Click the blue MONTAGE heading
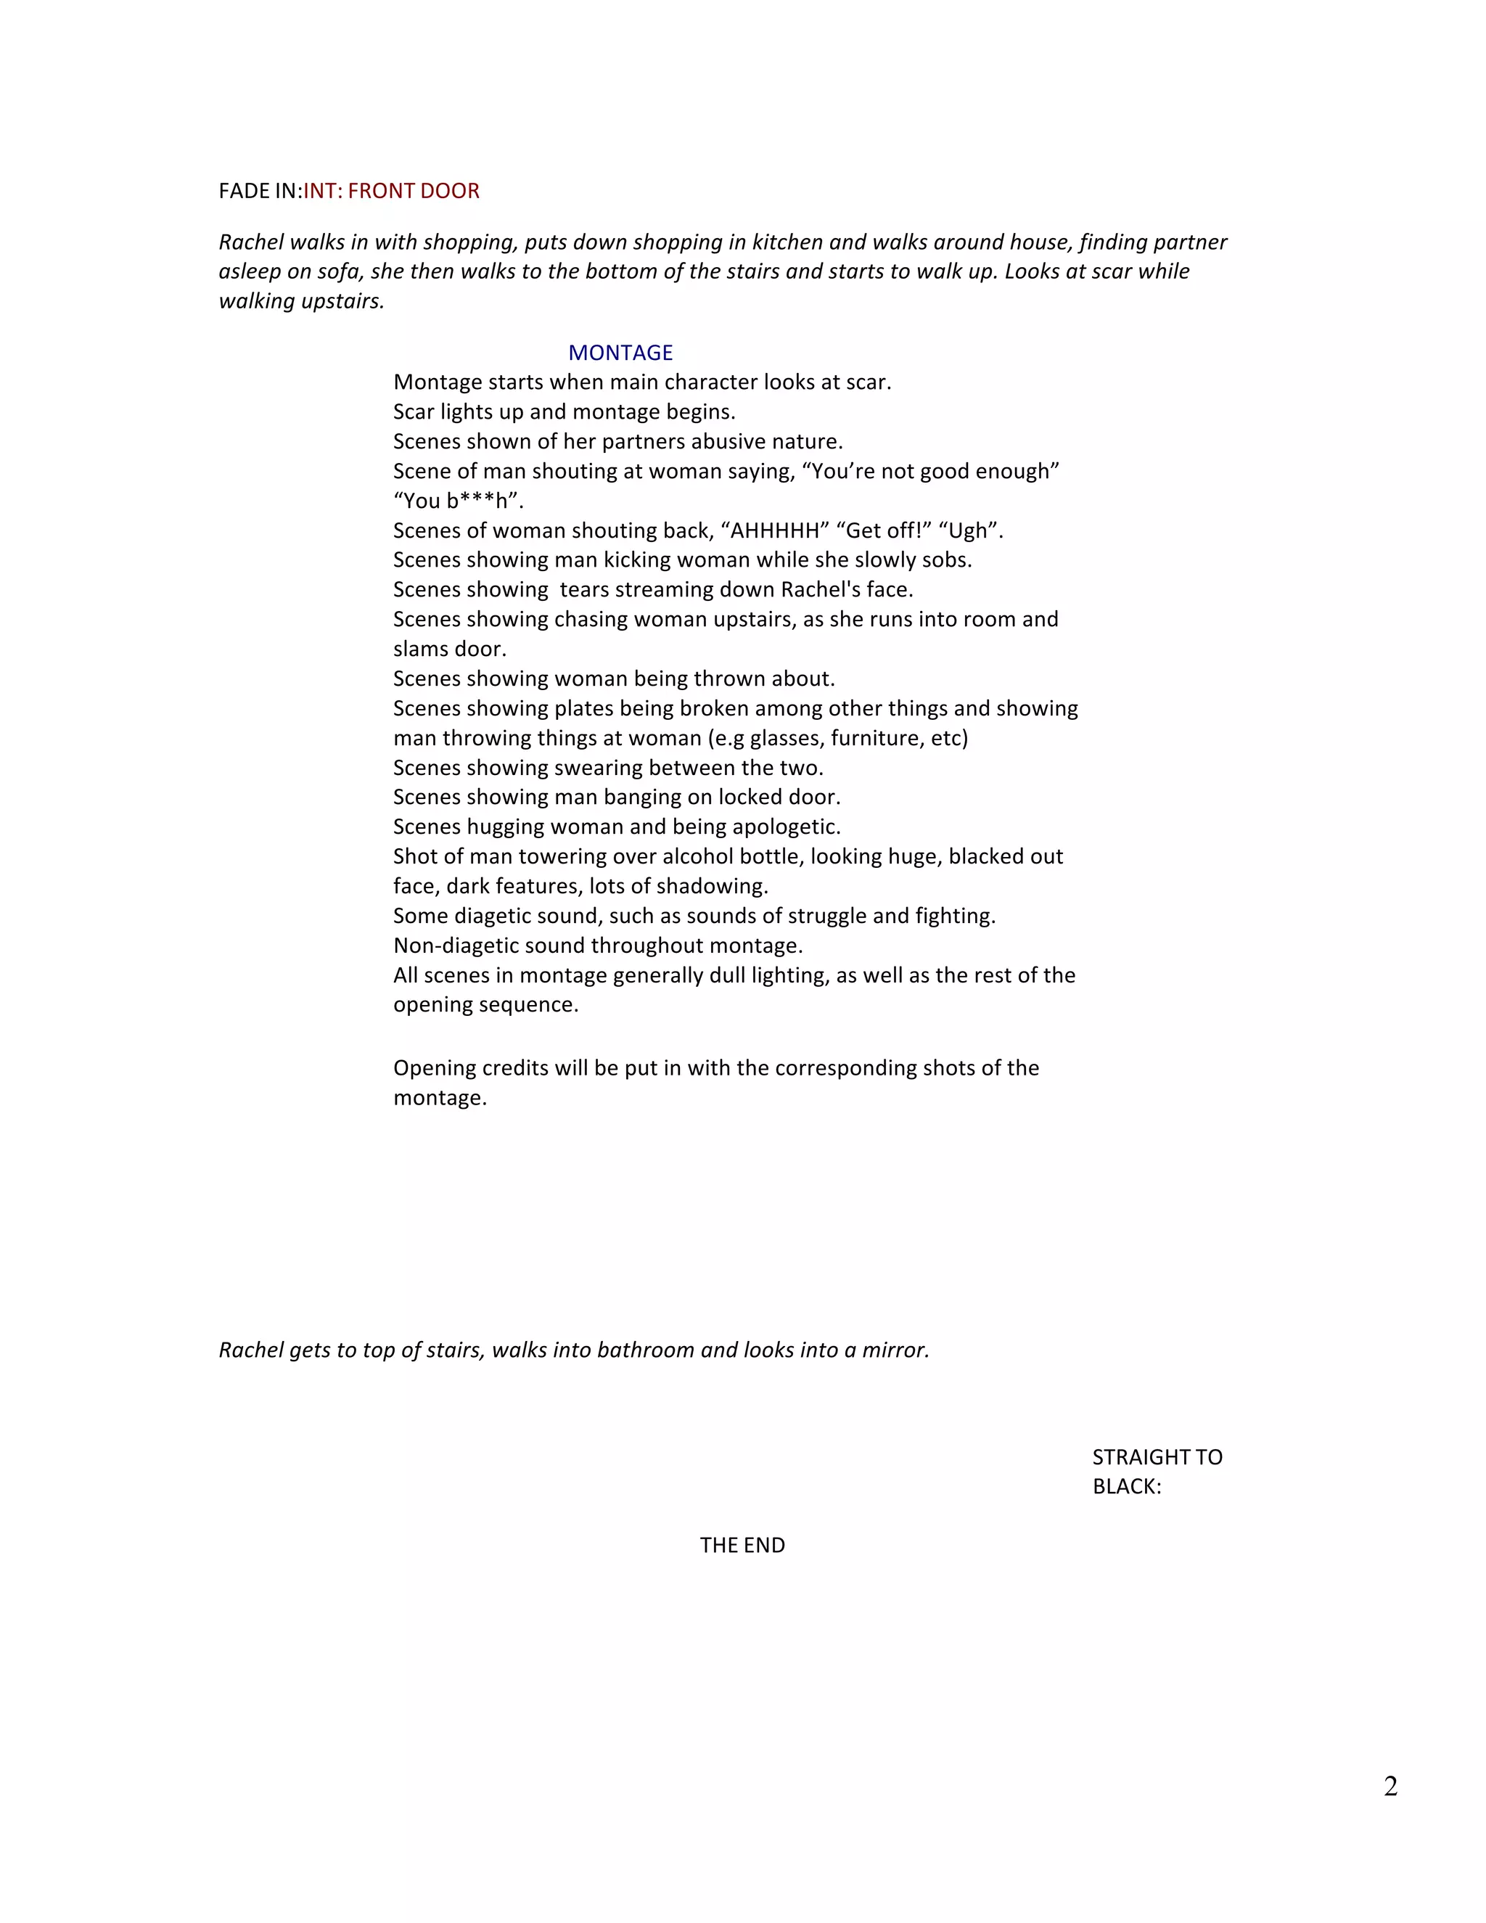point(620,353)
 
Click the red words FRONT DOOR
point(414,191)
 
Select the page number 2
point(1390,1787)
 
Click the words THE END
point(742,1545)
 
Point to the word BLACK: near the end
point(1127,1486)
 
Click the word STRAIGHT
point(1136,1457)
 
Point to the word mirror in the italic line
point(895,1350)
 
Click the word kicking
point(637,560)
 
